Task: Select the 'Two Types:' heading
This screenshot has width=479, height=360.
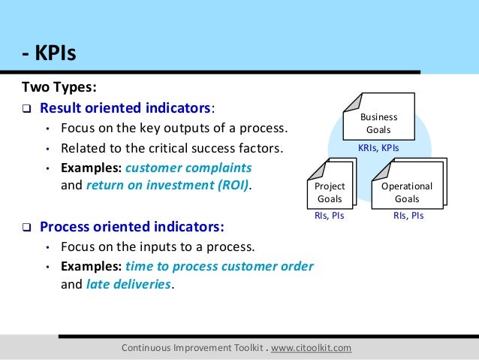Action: (x=58, y=86)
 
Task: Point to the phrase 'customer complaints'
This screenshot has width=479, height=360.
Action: (x=189, y=167)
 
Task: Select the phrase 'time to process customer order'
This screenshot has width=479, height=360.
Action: (x=219, y=266)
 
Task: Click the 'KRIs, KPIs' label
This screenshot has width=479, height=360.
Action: (x=378, y=148)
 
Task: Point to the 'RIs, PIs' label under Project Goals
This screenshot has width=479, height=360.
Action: (x=329, y=215)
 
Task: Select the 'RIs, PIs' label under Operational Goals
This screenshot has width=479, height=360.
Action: (x=408, y=215)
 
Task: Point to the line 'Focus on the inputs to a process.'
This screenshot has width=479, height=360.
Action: (x=158, y=247)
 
